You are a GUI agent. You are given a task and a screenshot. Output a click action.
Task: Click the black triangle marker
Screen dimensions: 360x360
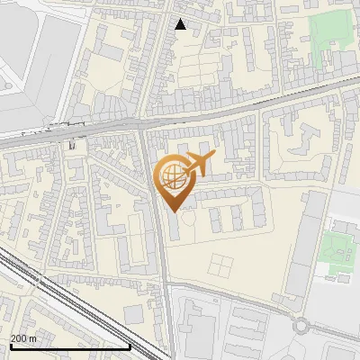click(x=181, y=24)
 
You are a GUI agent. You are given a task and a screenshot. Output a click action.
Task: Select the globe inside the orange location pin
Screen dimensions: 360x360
click(x=172, y=175)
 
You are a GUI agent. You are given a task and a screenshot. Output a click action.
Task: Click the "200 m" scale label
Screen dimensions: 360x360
click(x=22, y=338)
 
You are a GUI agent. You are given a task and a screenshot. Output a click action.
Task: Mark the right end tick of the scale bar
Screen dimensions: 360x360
click(x=130, y=346)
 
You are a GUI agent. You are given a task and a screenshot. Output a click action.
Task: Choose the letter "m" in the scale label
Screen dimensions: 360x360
click(x=32, y=338)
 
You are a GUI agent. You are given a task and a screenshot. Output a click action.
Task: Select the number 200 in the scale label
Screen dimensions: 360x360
click(x=18, y=338)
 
